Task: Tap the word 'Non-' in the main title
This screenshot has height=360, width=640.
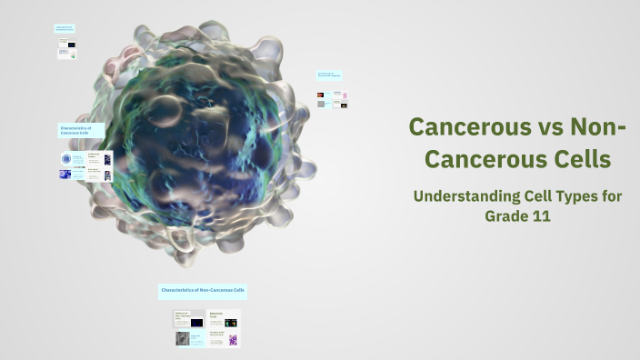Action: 595,126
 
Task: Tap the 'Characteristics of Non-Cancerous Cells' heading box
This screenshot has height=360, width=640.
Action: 203,291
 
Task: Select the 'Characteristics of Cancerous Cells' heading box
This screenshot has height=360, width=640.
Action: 81,130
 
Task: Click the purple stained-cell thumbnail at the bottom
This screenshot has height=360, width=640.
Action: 232,340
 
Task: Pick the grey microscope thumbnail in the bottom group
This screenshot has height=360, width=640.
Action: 183,338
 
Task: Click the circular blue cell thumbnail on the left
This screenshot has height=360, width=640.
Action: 66,159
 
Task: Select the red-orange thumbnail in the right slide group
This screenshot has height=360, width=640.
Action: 320,95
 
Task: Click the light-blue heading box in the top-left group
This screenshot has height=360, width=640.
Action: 65,29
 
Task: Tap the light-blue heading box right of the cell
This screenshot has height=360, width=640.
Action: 329,75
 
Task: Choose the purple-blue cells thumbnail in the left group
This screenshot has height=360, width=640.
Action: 65,175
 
